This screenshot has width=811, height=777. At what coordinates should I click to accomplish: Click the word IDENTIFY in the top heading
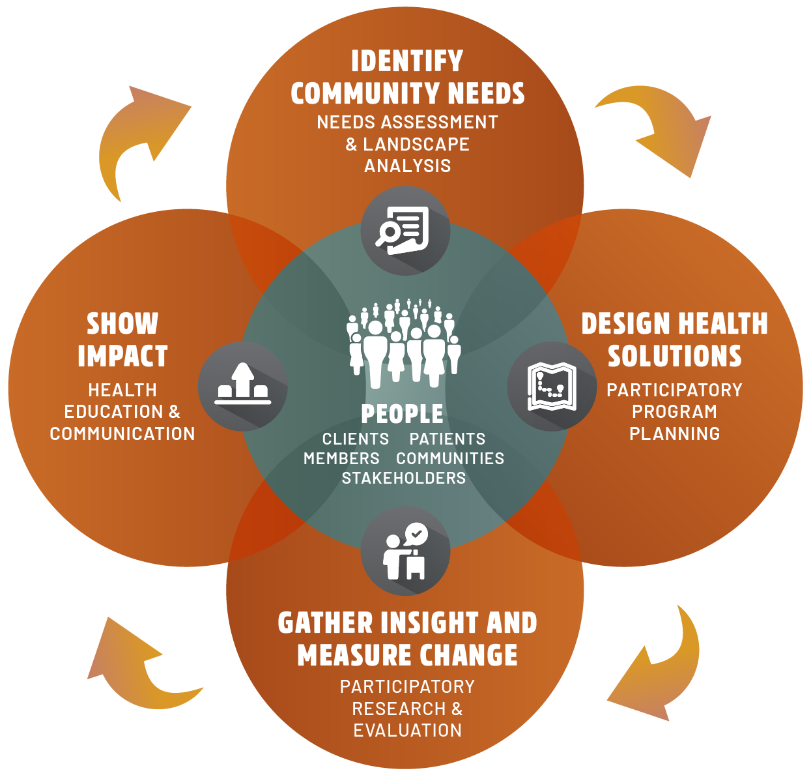pyautogui.click(x=407, y=61)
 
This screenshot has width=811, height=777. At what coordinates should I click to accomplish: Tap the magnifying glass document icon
pyautogui.click(x=405, y=230)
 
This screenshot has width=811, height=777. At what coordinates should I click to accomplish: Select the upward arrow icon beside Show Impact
pyautogui.click(x=242, y=386)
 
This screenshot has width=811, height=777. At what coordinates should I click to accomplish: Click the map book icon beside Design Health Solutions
pyautogui.click(x=552, y=386)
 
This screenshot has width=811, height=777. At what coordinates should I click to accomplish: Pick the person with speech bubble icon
pyautogui.click(x=405, y=551)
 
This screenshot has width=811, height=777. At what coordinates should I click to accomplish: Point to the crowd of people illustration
pyautogui.click(x=403, y=342)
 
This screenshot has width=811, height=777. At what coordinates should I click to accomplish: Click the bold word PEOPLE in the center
pyautogui.click(x=403, y=414)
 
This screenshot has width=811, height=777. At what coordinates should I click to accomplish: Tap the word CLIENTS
pyautogui.click(x=356, y=439)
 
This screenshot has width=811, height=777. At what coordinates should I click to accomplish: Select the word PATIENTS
pyautogui.click(x=448, y=439)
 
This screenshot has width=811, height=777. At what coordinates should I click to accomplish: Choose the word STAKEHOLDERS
pyautogui.click(x=404, y=478)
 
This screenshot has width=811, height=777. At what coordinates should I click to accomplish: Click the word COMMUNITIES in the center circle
pyautogui.click(x=450, y=458)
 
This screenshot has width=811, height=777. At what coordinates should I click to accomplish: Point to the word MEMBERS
pyautogui.click(x=341, y=458)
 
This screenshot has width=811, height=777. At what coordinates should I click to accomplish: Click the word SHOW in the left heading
pyautogui.click(x=122, y=324)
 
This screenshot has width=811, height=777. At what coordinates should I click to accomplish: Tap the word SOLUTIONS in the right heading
pyautogui.click(x=675, y=357)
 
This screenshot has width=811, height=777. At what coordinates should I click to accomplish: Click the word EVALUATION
pyautogui.click(x=408, y=730)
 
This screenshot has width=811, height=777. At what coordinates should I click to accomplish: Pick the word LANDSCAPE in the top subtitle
pyautogui.click(x=416, y=144)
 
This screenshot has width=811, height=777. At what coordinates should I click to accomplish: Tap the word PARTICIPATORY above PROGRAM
pyautogui.click(x=674, y=390)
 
